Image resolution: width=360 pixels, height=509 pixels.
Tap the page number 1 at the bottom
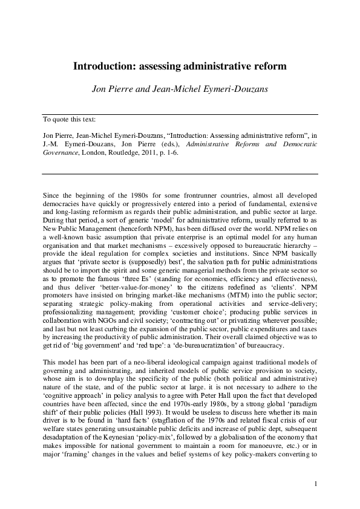click(316, 482)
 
